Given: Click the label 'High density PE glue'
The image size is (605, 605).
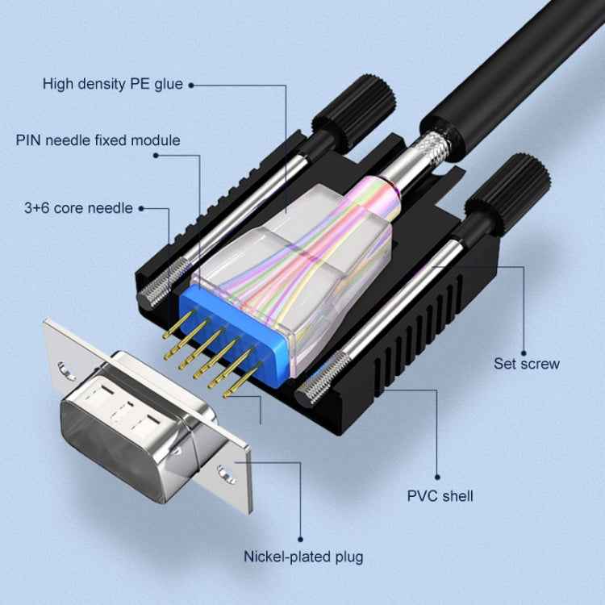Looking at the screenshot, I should pos(113,84).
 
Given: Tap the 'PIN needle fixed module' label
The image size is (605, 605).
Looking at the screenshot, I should pos(98,140).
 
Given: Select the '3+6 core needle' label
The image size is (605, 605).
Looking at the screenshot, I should pos(78,208).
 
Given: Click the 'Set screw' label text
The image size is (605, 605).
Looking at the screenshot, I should pos(526,364).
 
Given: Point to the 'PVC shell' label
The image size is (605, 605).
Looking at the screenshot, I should pos(440,495).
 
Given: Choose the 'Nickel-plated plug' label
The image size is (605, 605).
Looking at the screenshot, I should pos(303,557).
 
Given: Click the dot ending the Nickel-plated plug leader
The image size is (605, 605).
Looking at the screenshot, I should pos(300,539).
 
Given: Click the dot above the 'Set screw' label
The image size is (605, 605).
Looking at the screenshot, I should pos(524,345).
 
